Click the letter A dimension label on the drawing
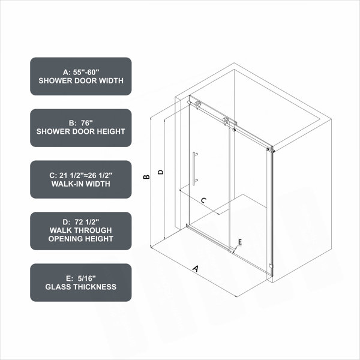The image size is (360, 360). pos(196,268)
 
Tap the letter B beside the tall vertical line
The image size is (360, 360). pos(146,177)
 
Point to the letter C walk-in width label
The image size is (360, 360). pos(203,200)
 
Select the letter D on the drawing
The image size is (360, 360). pos(161,172)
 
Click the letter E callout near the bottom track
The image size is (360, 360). pos(240,242)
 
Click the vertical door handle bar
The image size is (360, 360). pos(194,168)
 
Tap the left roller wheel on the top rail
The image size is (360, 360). pos(197,104)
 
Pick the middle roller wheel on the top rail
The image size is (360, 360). pos(226,120)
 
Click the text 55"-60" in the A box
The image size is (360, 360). pos(86,72)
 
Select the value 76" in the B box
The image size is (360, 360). pos(87,123)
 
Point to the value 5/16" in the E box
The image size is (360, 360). pos(86,278)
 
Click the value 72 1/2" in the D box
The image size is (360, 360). pos(87,222)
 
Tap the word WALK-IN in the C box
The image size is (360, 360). pos(65,184)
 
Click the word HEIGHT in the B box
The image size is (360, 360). pos(110,131)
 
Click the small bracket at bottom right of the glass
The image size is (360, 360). pos(271,266)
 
